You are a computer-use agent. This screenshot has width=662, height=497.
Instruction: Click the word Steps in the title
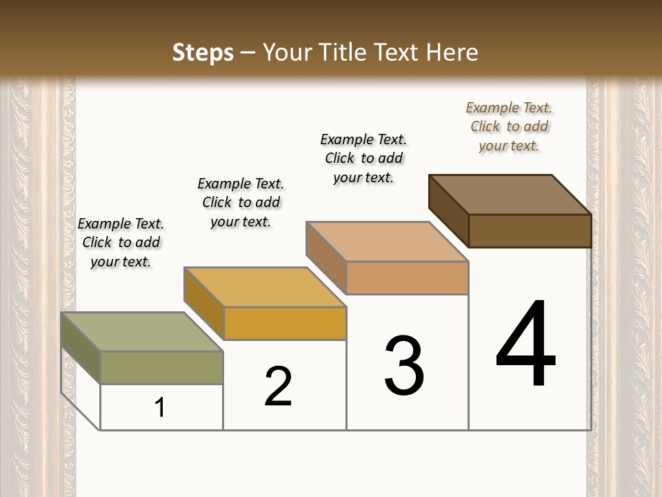[203, 52]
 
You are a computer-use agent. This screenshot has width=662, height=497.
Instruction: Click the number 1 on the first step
[160, 408]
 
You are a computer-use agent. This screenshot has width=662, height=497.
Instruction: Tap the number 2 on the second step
[278, 386]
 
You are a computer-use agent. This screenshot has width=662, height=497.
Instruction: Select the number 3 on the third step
[404, 366]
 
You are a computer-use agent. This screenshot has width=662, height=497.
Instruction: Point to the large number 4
[526, 345]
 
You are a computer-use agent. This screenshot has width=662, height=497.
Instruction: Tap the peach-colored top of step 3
[387, 242]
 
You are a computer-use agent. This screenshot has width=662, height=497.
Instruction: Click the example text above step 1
[121, 242]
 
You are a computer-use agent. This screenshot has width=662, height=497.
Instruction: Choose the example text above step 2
[241, 202]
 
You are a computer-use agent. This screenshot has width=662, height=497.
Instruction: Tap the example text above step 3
[363, 158]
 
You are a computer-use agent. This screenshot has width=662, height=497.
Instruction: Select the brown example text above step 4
[509, 126]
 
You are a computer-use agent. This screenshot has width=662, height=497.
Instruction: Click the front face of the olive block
[162, 367]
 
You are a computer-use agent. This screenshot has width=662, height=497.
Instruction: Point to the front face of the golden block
[285, 323]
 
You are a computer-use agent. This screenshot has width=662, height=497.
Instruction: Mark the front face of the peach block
[408, 278]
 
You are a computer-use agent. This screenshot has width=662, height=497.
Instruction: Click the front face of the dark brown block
[530, 231]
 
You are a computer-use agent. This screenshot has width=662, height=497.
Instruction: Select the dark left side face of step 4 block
[448, 207]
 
